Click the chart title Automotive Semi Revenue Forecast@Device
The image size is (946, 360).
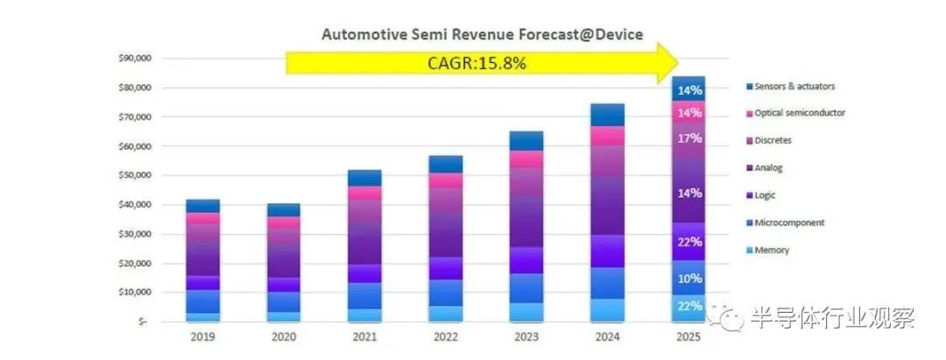click(x=482, y=35)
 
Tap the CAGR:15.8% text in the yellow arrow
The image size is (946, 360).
click(x=477, y=63)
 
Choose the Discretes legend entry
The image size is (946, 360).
click(x=774, y=140)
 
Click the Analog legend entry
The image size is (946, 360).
click(x=770, y=167)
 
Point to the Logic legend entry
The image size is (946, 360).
click(x=766, y=195)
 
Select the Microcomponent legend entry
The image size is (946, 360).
click(x=788, y=222)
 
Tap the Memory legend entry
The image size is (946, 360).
click(x=771, y=250)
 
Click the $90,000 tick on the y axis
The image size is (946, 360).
click(x=134, y=59)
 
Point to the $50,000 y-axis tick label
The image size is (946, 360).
click(x=134, y=175)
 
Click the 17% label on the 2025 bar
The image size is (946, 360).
click(x=689, y=138)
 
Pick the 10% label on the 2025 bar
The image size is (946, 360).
click(x=689, y=279)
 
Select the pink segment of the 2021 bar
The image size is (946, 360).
click(x=364, y=193)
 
